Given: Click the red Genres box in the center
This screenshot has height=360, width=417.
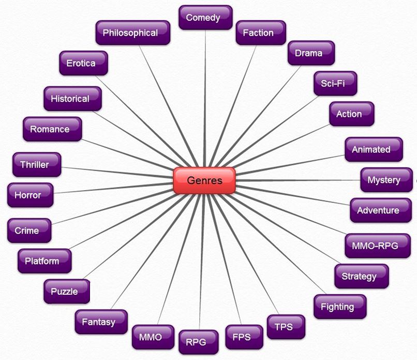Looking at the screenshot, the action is pos(204,181).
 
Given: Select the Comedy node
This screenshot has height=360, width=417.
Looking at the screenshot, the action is pos(205,18).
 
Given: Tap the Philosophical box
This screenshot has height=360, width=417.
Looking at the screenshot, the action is pos(133,33).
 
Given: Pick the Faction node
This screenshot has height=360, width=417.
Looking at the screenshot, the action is pos(261,33).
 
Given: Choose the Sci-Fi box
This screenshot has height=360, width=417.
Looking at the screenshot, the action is pos(335,83).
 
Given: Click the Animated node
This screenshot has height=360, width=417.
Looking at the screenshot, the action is pos(374,149).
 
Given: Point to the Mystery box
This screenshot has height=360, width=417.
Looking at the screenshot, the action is pos(386,180).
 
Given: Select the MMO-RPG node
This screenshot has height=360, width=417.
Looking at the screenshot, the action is pos(378,246).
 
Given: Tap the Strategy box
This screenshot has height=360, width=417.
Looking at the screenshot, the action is pos(362,276).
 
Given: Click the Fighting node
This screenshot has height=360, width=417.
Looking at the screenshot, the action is pos(340,307).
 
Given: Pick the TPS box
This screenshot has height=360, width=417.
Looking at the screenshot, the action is pos(286,327).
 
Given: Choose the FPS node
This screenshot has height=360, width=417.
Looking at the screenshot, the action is pos(244,337).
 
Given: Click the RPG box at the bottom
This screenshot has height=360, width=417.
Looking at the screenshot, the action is pos(199,342).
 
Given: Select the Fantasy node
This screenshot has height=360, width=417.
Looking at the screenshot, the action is pos(101,322).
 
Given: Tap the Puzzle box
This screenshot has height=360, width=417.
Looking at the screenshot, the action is pos(67,291).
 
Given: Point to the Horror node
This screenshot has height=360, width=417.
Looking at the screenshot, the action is pos(31,195).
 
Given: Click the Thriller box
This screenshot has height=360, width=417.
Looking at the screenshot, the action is pos(37,165).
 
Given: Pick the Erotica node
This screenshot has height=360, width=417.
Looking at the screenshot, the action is pos(83,63).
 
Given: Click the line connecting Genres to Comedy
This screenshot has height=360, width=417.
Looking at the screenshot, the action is pos(205,98).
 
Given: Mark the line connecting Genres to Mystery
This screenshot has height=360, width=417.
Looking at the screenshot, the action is pos(298,180).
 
